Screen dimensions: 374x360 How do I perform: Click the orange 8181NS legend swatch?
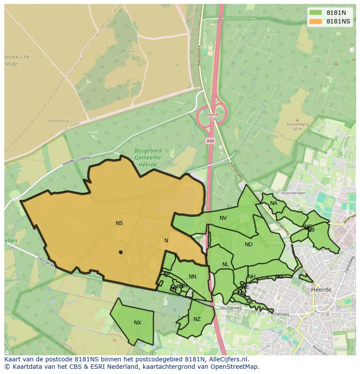pyautogui.click(x=316, y=21)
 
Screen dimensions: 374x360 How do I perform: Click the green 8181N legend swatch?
pyautogui.click(x=316, y=13)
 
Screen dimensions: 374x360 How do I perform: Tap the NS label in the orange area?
pyautogui.click(x=119, y=223)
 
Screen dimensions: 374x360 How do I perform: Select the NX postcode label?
pyautogui.click(x=137, y=322)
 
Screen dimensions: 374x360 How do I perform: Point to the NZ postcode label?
pyautogui.click(x=197, y=319)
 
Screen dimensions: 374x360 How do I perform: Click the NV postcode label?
pyautogui.click(x=223, y=218)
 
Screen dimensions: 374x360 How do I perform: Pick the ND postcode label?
pyautogui.click(x=248, y=245)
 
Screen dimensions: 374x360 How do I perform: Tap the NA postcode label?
pyautogui.click(x=273, y=203)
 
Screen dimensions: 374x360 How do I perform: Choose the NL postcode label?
pyautogui.click(x=225, y=265)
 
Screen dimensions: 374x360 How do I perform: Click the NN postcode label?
pyautogui.click(x=193, y=277)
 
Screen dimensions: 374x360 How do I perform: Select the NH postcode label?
pyautogui.click(x=252, y=277)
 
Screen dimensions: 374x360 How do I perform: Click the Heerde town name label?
pyautogui.click(x=321, y=289)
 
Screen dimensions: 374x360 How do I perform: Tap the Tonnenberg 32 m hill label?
pyautogui.click(x=297, y=126)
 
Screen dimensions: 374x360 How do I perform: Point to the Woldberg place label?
pyautogui.click(x=58, y=121)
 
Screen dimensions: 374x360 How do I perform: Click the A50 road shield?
pyautogui.click(x=210, y=141)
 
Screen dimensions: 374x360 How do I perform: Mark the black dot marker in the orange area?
pyautogui.click(x=120, y=252)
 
